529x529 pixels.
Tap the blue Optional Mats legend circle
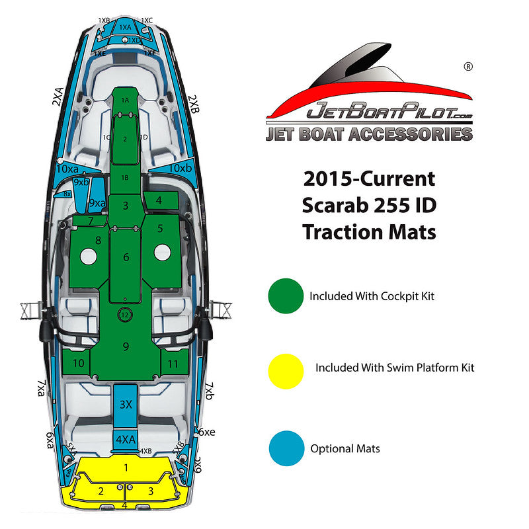[286, 448]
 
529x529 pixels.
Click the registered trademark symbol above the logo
[468, 67]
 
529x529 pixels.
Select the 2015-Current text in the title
[369, 179]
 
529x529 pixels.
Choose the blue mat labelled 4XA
[126, 438]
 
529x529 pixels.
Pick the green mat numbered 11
[173, 364]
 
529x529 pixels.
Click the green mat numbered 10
[78, 363]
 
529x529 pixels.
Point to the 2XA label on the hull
[58, 99]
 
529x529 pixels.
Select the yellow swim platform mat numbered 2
[101, 491]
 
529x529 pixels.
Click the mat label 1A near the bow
[125, 99]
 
